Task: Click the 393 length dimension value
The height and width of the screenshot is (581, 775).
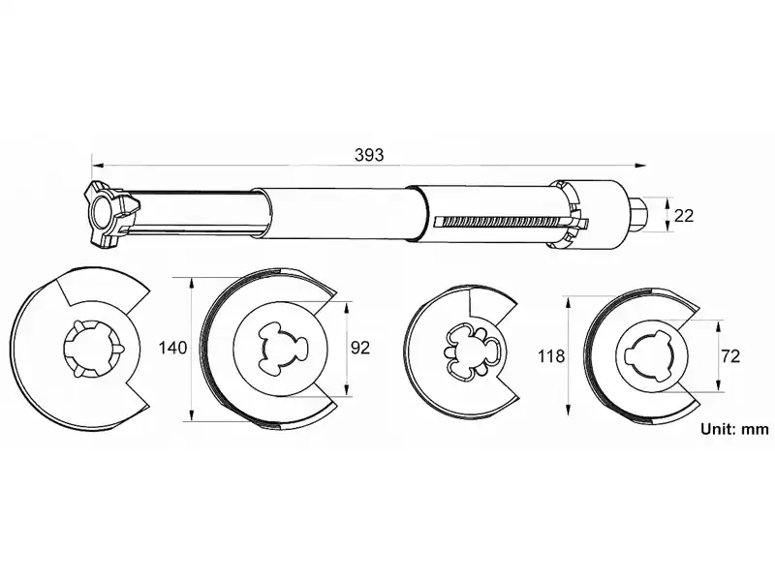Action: pyautogui.click(x=369, y=155)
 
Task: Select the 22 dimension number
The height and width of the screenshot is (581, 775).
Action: pyautogui.click(x=684, y=215)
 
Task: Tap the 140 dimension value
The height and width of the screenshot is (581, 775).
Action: pyautogui.click(x=173, y=348)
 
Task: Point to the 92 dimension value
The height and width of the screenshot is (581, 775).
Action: pyautogui.click(x=359, y=348)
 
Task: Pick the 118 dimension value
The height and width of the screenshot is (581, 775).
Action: pyautogui.click(x=551, y=355)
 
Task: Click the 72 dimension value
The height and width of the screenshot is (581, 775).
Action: pyautogui.click(x=730, y=355)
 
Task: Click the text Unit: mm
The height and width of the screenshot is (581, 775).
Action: pyautogui.click(x=734, y=429)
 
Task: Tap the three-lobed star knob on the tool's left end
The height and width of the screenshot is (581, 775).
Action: pyautogui.click(x=109, y=214)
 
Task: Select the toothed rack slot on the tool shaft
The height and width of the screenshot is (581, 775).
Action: pyautogui.click(x=510, y=222)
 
